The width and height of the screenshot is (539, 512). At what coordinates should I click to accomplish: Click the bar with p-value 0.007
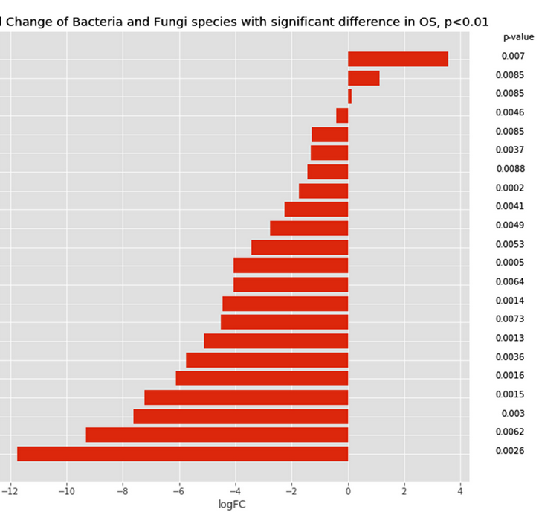point(398,60)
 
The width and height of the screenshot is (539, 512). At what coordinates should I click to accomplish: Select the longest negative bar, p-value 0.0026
point(182,453)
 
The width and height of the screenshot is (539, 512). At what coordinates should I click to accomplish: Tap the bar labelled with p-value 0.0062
point(217,435)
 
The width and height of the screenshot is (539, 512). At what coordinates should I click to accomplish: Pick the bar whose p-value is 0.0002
point(323,191)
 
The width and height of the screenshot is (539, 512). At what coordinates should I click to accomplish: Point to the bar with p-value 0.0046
point(342,115)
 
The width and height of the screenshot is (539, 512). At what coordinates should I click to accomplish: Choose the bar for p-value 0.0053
point(300,247)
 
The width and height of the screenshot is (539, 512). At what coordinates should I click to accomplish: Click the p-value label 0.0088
point(510,169)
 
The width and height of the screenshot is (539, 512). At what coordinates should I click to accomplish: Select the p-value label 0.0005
point(510,263)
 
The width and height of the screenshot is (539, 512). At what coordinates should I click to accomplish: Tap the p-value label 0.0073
point(510,319)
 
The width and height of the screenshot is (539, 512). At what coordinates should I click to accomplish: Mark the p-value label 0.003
point(513,414)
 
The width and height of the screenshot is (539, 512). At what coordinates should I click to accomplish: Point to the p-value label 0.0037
point(510,150)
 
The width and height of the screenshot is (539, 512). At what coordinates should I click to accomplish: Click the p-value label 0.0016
point(510,376)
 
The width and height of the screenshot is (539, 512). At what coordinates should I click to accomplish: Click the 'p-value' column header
point(518,36)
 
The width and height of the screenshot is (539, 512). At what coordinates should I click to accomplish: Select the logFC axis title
point(232,505)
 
